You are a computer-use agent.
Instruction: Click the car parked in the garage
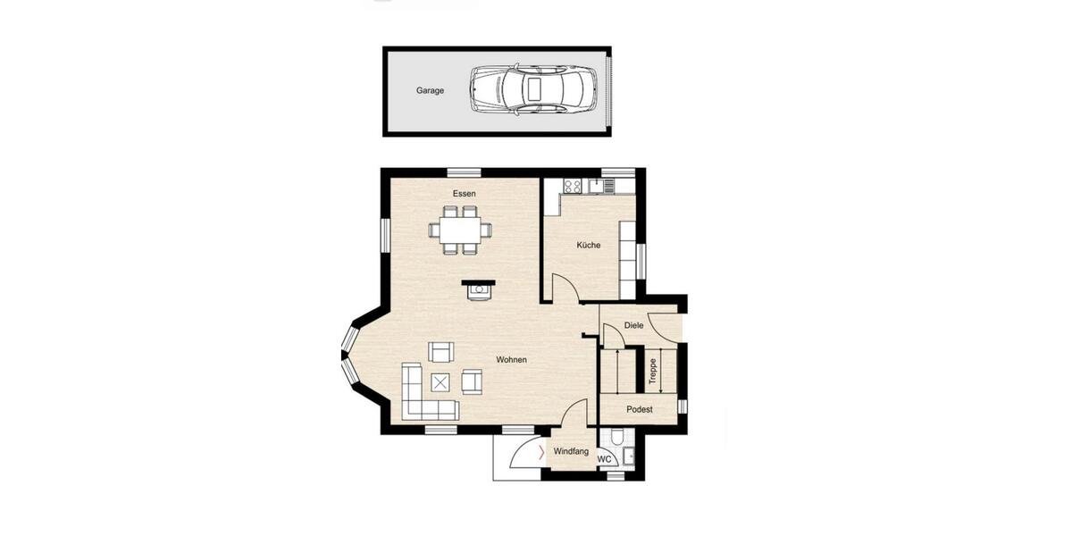pos(532,89)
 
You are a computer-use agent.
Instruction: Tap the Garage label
pos(430,90)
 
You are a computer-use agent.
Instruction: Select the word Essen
pos(464,193)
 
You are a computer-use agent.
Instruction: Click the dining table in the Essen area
pos(460,230)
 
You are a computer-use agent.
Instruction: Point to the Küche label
pos(588,245)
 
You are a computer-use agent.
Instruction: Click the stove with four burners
pos(572,186)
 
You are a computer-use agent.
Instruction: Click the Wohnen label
pos(511,360)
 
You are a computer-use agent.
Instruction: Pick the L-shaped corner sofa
pos(420,398)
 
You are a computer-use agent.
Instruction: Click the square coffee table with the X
pos(441,381)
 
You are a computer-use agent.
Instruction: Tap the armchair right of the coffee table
pos(472,381)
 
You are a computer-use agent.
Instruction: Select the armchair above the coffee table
pos(441,351)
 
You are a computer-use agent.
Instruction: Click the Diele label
pos(633,326)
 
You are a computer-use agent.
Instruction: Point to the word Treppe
pos(652,371)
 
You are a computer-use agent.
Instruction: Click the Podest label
pos(639,410)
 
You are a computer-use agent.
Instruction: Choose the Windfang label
pos(571,452)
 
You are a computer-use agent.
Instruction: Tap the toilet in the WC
pos(616,440)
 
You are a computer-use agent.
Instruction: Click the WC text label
pos(604,459)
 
